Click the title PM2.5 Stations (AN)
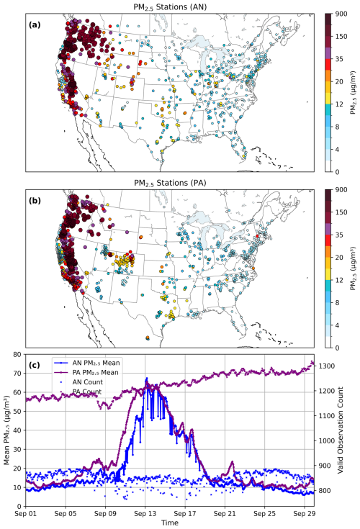170,6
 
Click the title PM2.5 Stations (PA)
170,183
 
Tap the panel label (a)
35,24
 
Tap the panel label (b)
35,201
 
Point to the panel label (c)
35,365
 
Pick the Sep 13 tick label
145,513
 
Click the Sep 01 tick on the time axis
26,513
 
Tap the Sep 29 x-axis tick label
305,513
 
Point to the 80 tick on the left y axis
17,354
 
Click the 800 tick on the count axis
324,491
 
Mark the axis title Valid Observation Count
341,430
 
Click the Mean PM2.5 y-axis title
6,430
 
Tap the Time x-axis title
170,523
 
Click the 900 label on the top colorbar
341,14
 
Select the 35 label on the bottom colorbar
339,235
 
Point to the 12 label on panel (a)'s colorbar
339,104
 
